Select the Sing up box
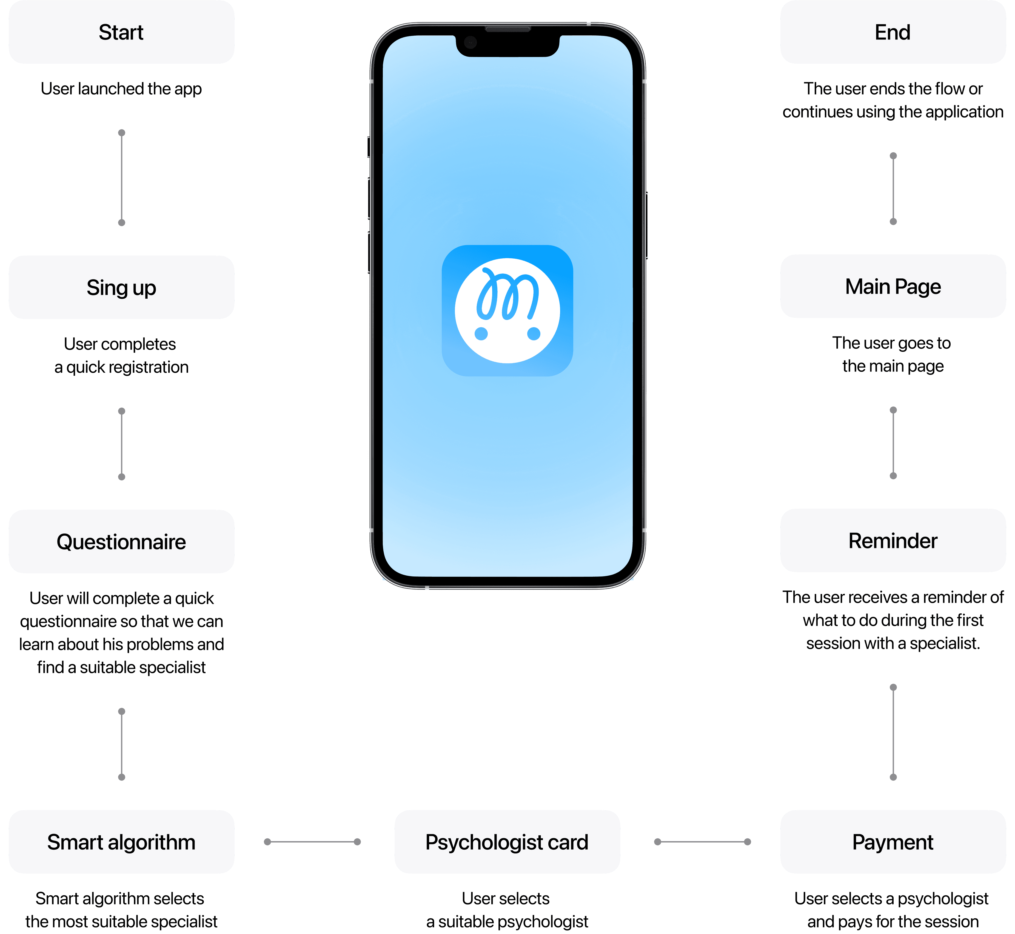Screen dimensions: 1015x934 click(x=121, y=287)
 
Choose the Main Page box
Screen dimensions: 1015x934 click(x=893, y=286)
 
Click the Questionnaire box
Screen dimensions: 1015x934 click(x=121, y=541)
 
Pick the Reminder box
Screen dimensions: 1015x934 click(x=893, y=540)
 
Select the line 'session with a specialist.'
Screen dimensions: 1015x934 click(x=893, y=643)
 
